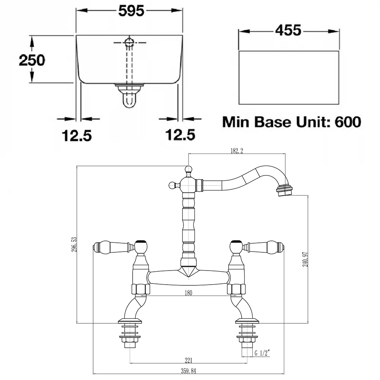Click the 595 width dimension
pos(131,11)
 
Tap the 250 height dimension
pos(32,60)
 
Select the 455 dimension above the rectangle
pos(288,30)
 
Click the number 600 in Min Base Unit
pos(348,122)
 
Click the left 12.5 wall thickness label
pos(77,136)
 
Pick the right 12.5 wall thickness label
pos(180,135)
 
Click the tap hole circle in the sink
pos(129,43)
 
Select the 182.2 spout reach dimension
pos(237,151)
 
